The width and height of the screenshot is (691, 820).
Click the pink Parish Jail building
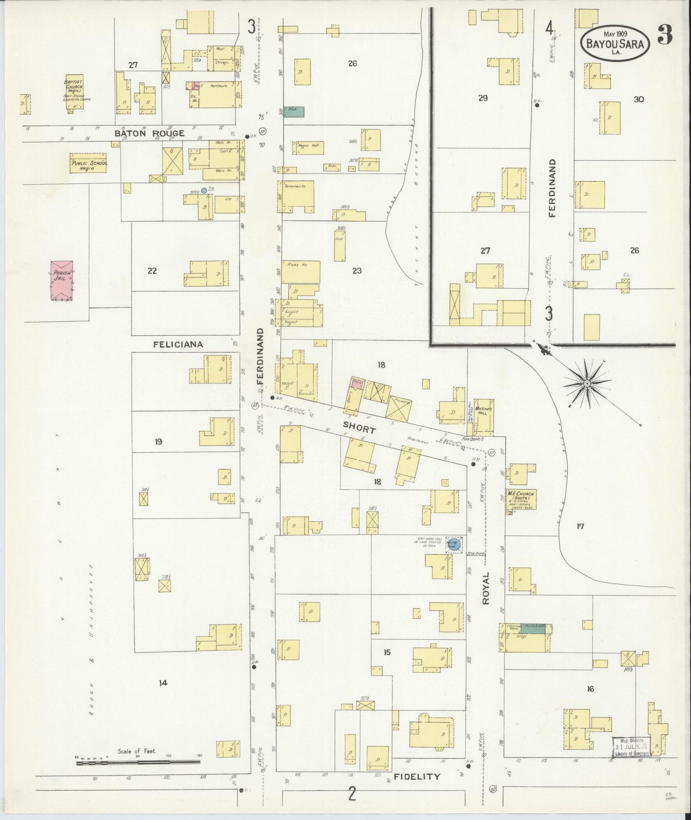(x=62, y=281)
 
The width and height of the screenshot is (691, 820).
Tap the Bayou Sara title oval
(x=614, y=43)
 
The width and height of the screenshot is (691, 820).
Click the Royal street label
(x=486, y=588)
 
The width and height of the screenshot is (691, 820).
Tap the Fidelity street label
(x=417, y=777)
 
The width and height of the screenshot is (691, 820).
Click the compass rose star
(x=586, y=383)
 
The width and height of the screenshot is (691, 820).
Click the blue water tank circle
(x=452, y=544)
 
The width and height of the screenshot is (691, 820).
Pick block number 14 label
(x=163, y=683)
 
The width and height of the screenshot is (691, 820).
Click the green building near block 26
(x=294, y=111)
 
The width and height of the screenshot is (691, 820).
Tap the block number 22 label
(x=152, y=271)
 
